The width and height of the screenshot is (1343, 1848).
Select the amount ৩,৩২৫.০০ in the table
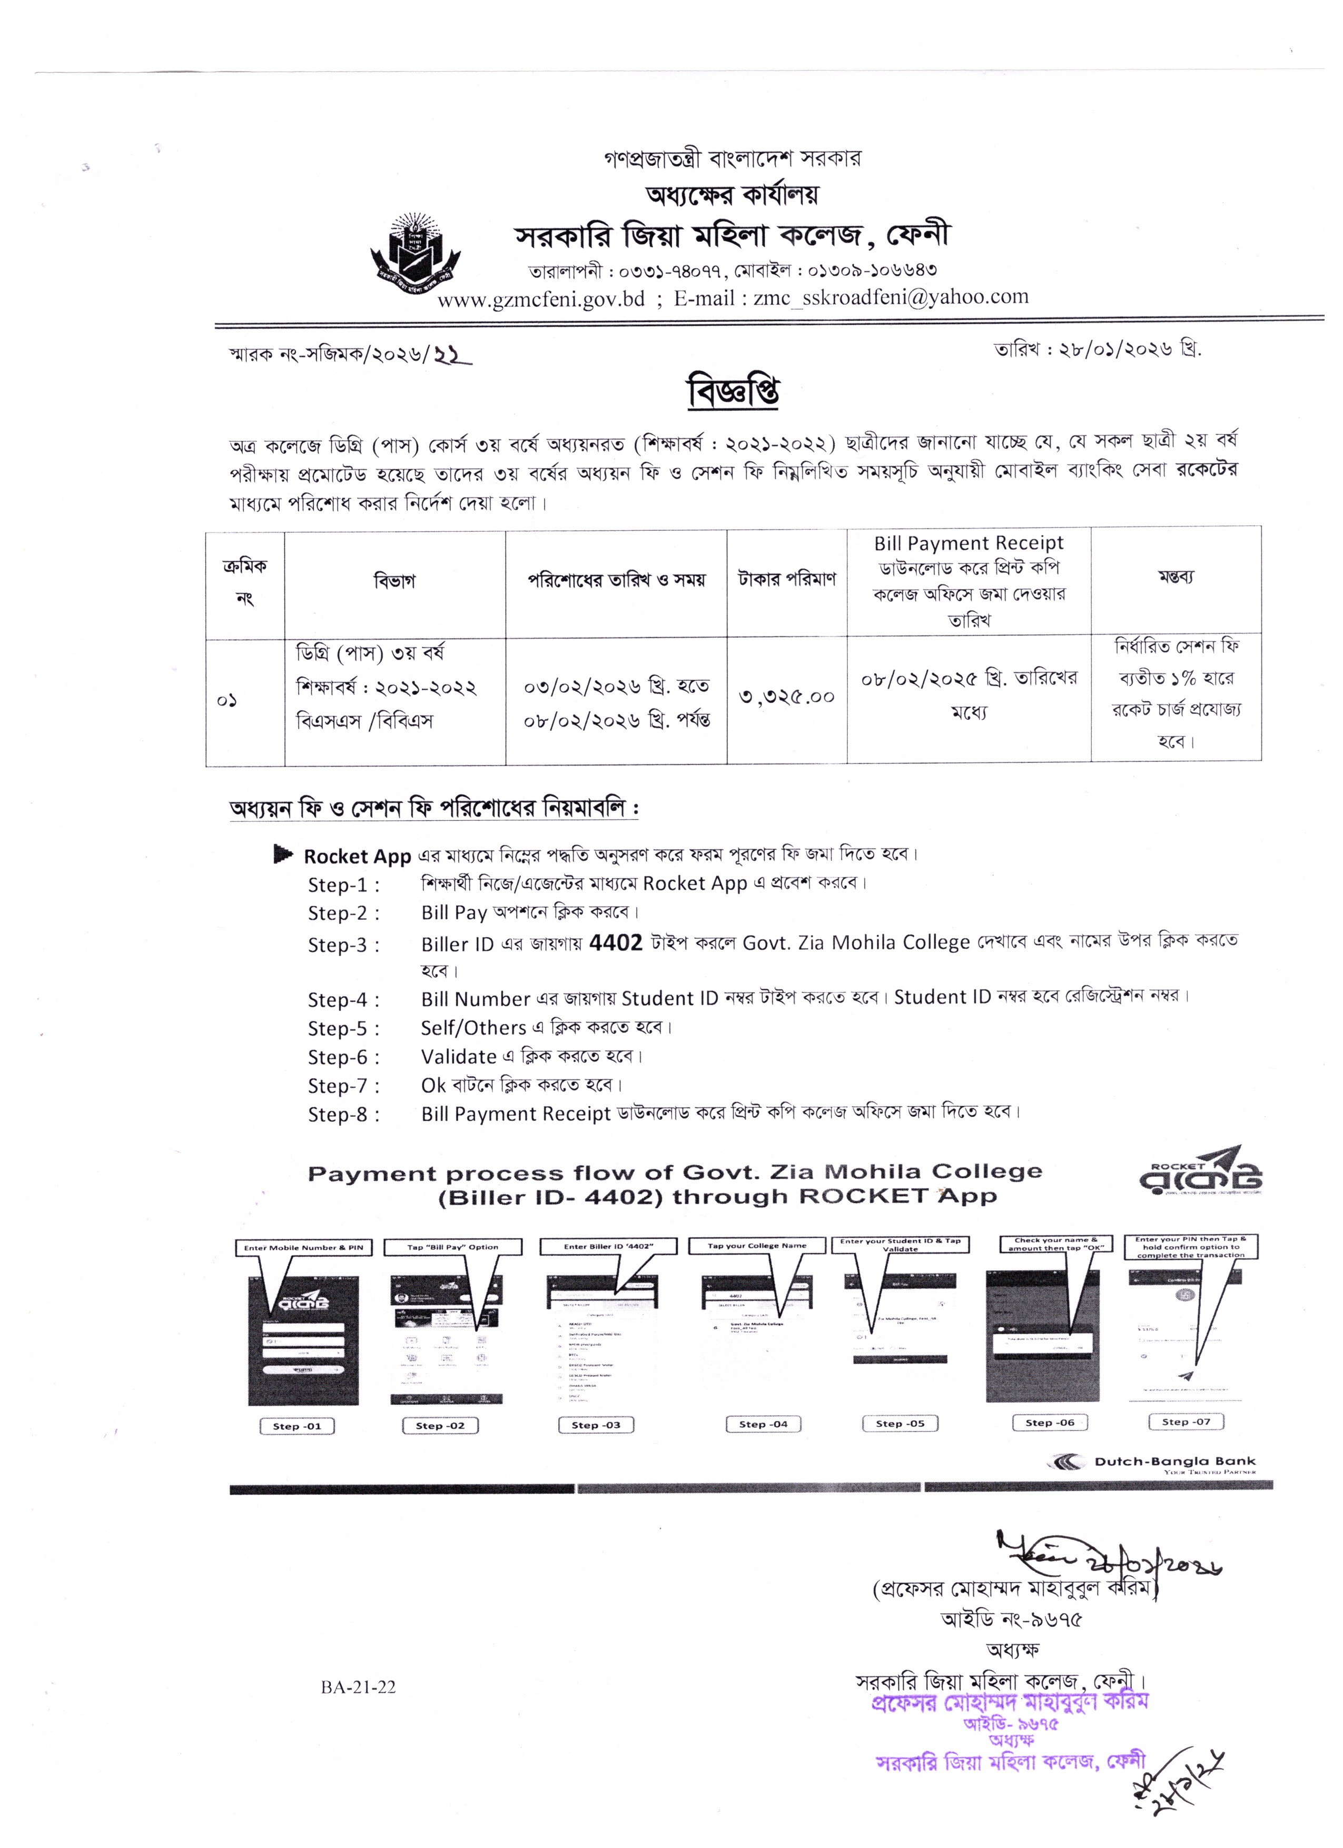786,697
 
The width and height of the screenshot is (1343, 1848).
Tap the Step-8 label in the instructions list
343,1114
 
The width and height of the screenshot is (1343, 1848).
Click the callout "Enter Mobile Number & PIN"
303,1247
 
